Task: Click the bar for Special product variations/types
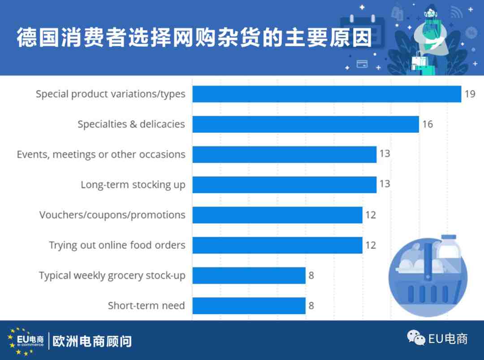point(327,94)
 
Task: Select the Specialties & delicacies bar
point(306,124)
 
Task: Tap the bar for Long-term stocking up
point(285,185)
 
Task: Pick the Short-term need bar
point(249,306)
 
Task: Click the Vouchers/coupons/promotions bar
point(277,215)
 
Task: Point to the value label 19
point(470,94)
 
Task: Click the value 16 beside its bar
point(428,124)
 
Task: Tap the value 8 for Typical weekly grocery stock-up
point(311,275)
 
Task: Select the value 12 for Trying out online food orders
point(371,245)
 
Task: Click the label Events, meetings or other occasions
point(101,154)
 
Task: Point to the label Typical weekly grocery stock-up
point(112,275)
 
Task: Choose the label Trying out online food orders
point(117,245)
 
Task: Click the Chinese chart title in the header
point(194,38)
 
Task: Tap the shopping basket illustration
point(428,276)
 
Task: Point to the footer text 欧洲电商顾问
point(92,342)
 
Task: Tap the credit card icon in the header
point(362,64)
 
